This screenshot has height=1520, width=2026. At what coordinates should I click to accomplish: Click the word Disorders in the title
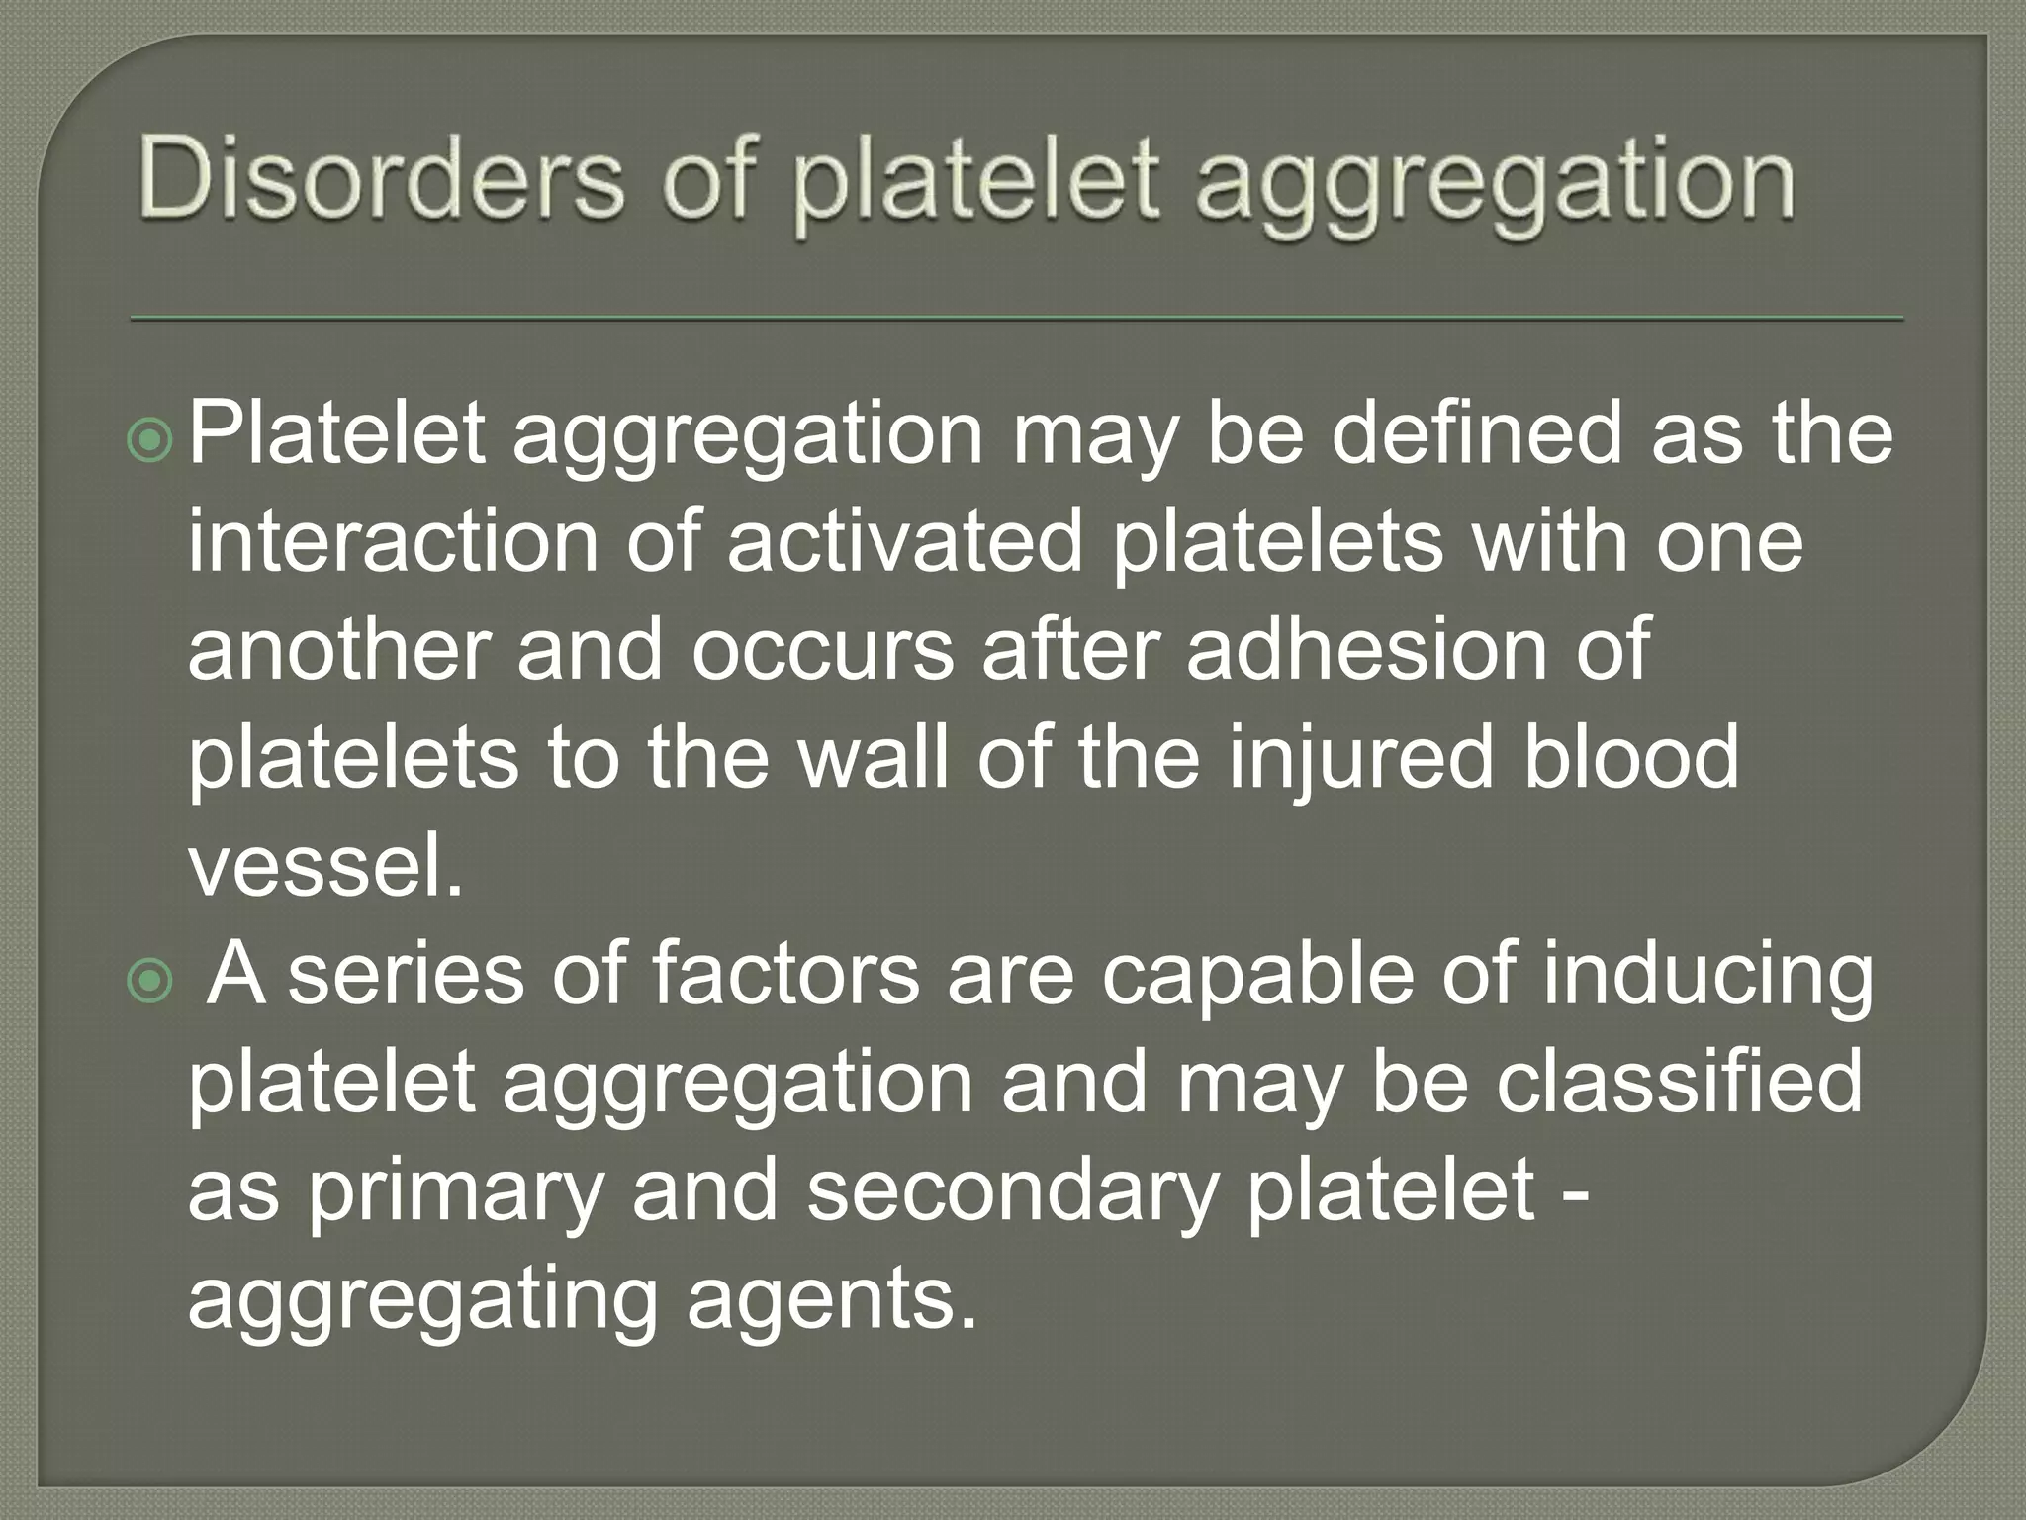coord(381,181)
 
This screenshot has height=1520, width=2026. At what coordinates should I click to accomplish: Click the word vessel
coord(324,866)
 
